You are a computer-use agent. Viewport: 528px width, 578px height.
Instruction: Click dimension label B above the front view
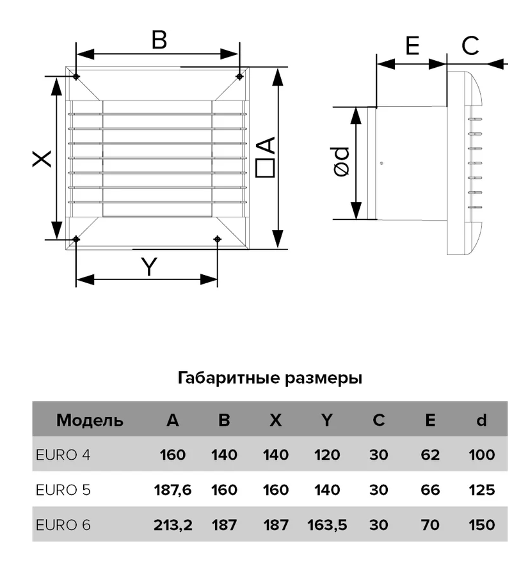click(x=159, y=40)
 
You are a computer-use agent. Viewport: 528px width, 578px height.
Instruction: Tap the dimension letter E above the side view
click(x=412, y=45)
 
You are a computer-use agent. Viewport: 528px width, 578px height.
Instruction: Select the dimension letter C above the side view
click(x=470, y=45)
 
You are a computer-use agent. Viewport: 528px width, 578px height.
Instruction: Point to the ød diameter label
click(x=341, y=162)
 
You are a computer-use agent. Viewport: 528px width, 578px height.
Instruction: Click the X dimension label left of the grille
click(x=42, y=159)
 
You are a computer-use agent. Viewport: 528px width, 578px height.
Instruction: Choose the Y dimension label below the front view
click(x=149, y=267)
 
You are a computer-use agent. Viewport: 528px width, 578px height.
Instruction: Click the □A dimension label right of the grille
click(x=266, y=157)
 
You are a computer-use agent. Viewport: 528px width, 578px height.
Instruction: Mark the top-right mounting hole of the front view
click(x=239, y=77)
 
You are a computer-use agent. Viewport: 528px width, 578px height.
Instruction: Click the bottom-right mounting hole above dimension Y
click(x=218, y=239)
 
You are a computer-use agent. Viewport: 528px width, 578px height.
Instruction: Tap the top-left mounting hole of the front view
click(x=76, y=77)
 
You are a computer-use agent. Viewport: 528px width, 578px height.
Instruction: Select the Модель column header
click(x=90, y=420)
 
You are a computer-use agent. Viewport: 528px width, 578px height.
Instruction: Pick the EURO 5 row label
click(x=63, y=490)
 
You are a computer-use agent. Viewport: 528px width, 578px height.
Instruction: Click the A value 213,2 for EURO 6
click(x=173, y=525)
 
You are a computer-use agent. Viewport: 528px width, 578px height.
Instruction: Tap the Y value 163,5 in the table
click(x=327, y=525)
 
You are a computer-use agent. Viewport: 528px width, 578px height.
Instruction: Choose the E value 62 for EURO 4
click(x=430, y=455)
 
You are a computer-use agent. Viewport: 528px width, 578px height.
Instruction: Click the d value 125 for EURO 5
click(x=481, y=490)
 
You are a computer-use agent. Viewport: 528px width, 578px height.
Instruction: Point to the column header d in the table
click(x=481, y=420)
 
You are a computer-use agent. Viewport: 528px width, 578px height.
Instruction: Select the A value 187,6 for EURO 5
click(x=173, y=490)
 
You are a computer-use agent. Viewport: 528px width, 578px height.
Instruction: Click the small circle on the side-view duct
click(x=381, y=163)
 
